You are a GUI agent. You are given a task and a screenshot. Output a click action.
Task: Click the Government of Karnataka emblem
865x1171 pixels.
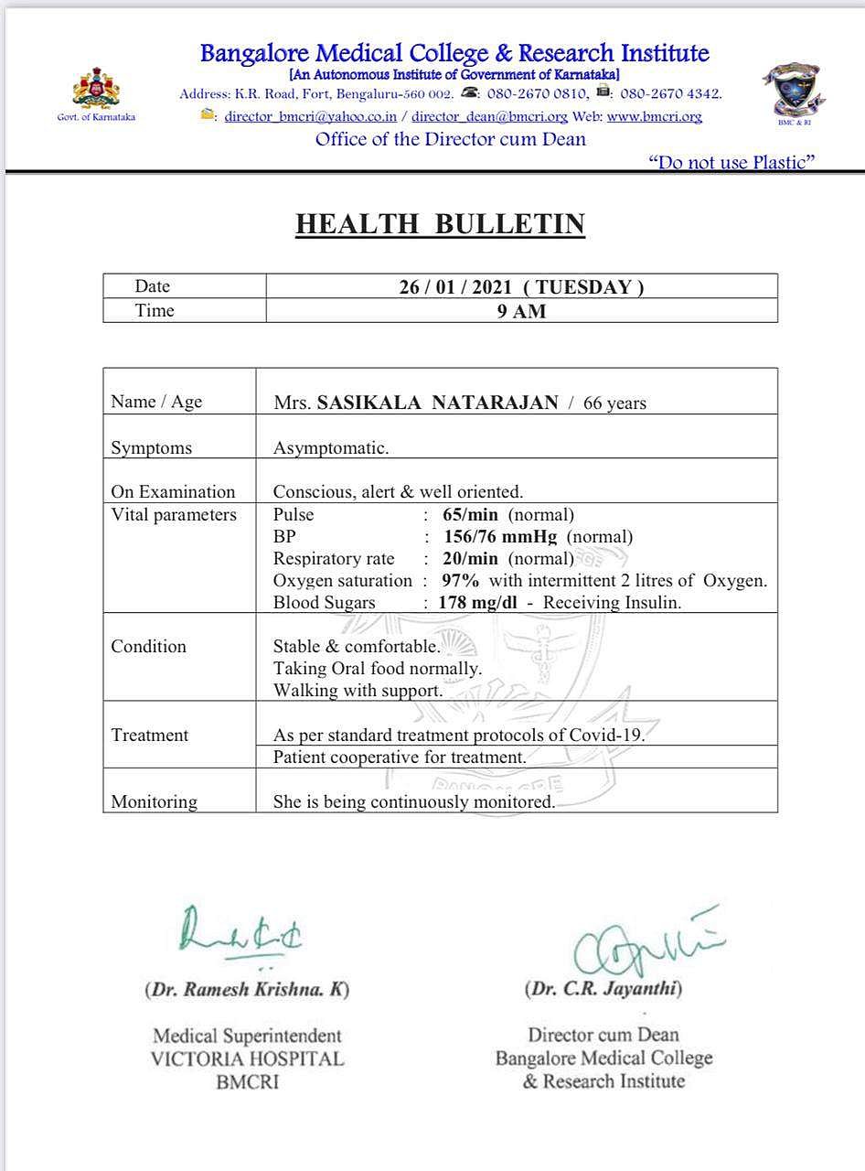(x=96, y=89)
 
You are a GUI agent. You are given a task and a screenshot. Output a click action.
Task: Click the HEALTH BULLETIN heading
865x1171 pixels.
(x=440, y=224)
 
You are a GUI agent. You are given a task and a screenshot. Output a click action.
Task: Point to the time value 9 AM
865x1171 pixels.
(x=521, y=311)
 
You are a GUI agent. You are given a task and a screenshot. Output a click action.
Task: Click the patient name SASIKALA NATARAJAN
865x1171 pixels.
(x=437, y=403)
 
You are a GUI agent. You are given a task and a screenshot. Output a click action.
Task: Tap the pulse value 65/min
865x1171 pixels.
(x=470, y=515)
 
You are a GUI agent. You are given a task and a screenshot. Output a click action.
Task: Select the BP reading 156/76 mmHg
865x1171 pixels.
(x=500, y=537)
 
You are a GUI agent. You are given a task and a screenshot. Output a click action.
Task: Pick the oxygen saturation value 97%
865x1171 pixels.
(x=461, y=581)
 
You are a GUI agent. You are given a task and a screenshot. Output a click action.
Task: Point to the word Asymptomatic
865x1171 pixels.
(x=331, y=448)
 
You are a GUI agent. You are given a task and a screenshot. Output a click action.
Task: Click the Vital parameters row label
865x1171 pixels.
(x=174, y=515)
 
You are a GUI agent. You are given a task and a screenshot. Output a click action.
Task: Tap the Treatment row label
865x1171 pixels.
(x=150, y=735)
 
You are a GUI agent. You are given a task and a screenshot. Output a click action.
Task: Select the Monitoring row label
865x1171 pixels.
(x=155, y=802)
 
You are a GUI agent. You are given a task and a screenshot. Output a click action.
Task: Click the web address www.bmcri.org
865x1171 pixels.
(x=654, y=116)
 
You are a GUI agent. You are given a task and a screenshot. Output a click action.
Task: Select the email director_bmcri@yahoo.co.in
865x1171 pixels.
(x=311, y=116)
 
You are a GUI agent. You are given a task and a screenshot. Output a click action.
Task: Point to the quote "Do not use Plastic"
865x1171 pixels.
(x=732, y=163)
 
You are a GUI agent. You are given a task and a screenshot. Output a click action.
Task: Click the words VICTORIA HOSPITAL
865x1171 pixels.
(x=247, y=1059)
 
